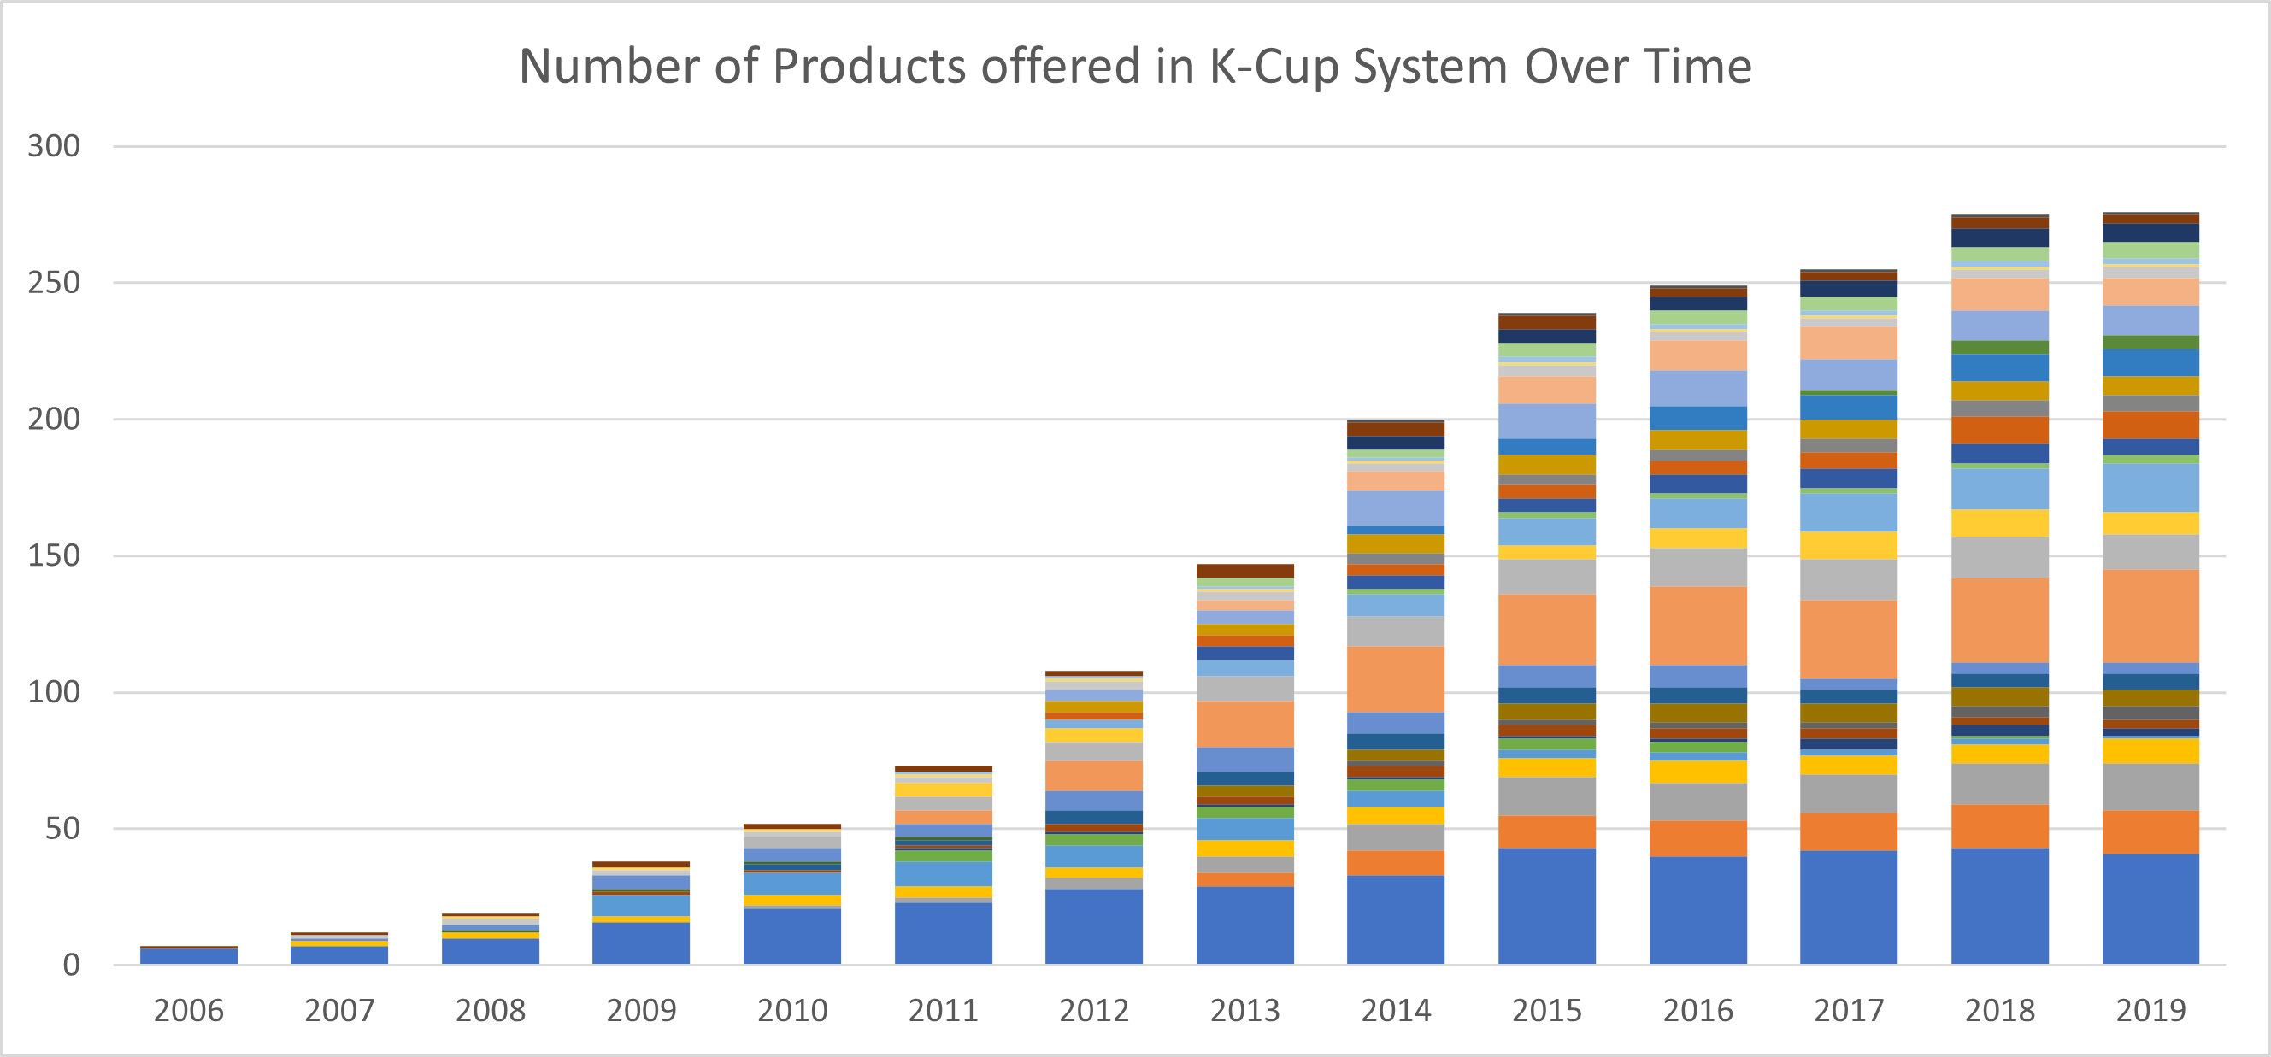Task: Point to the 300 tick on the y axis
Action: click(54, 146)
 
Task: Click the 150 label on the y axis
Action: click(54, 556)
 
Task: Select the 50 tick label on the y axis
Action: click(62, 829)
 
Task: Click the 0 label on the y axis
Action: click(72, 966)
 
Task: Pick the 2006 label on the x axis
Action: click(189, 1010)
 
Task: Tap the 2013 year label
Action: click(1244, 1010)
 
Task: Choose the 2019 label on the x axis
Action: click(2150, 1010)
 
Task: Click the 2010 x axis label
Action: click(792, 1010)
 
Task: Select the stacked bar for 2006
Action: click(189, 955)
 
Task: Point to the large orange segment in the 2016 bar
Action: click(1698, 626)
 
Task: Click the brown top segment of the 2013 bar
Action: click(1244, 571)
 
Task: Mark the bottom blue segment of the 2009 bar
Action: click(641, 943)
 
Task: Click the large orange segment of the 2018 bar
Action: click(1999, 620)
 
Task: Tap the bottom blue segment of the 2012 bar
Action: click(1094, 926)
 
